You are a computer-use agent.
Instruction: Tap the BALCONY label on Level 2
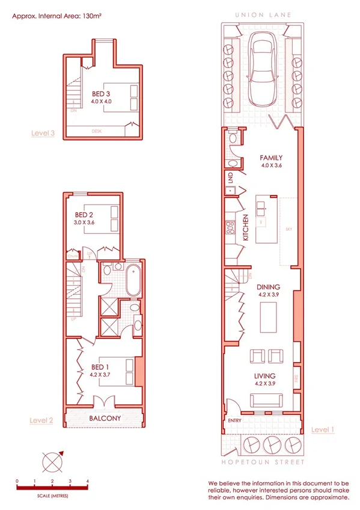(x=105, y=418)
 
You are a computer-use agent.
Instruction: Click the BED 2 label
(x=84, y=215)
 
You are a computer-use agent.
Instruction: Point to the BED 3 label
(x=101, y=94)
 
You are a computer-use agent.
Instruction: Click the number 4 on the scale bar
(x=88, y=481)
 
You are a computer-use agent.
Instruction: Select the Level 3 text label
(x=43, y=133)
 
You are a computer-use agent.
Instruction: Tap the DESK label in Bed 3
(x=96, y=131)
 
